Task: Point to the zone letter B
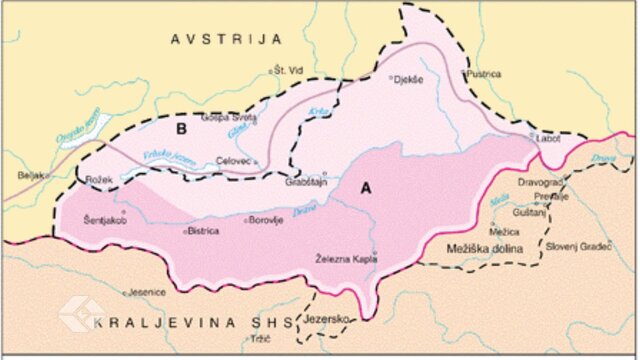click(182, 128)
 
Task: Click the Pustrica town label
click(482, 73)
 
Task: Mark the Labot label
click(547, 139)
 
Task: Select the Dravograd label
click(541, 183)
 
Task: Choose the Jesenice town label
click(146, 293)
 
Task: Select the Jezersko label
click(328, 318)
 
